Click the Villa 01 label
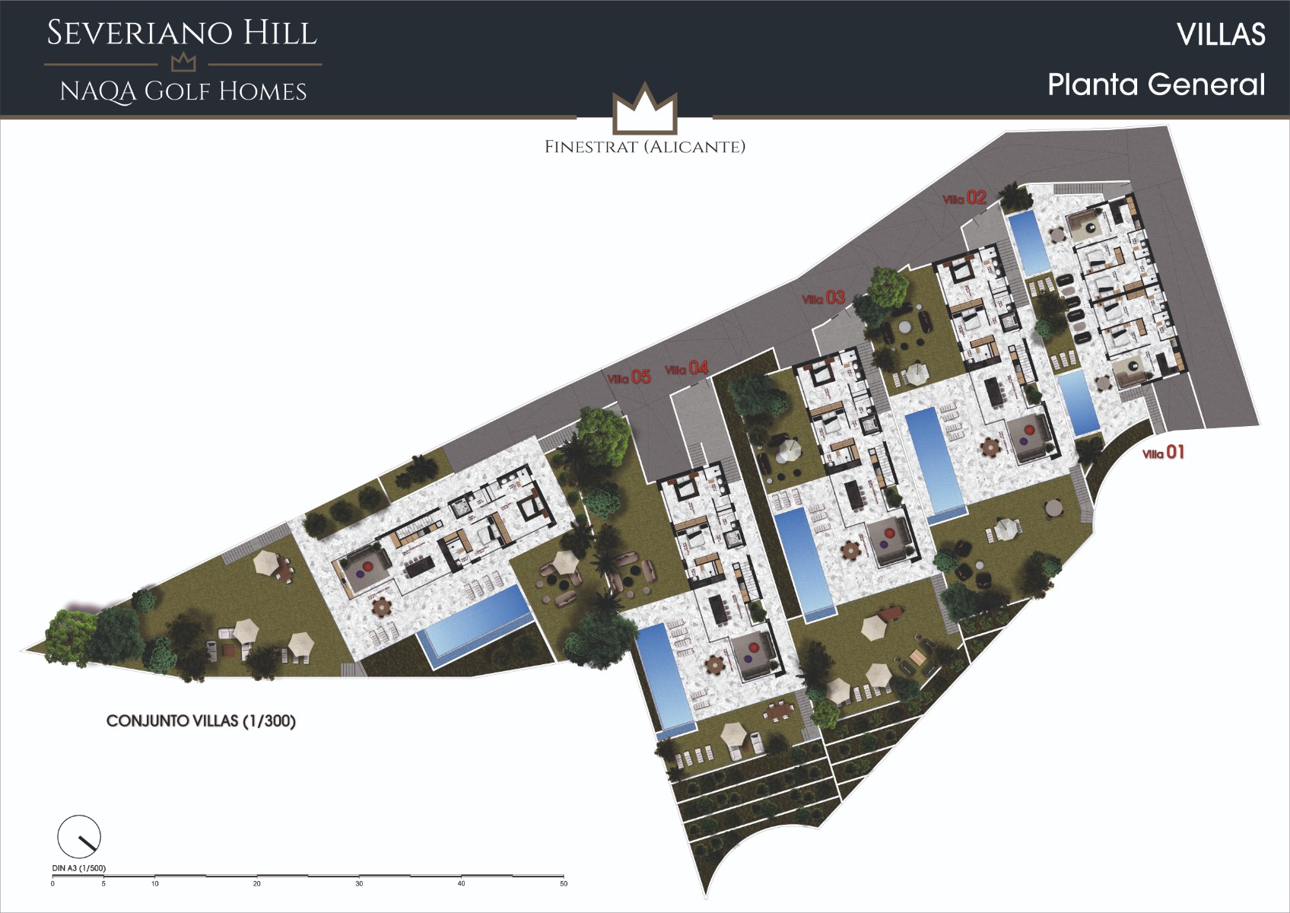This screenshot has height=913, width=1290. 1164,453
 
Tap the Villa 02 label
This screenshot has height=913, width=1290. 964,199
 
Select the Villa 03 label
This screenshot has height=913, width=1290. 824,298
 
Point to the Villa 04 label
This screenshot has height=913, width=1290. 687,369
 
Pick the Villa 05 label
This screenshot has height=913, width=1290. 629,377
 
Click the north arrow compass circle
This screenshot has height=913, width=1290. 79,836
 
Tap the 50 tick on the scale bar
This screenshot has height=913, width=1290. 564,883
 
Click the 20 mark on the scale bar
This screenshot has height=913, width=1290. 257,883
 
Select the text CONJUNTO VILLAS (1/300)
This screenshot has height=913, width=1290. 201,721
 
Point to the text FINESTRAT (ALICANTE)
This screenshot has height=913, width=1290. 645,147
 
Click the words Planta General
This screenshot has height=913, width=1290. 1156,84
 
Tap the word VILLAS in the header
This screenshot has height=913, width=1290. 1221,34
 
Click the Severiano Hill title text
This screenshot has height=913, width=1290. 182,33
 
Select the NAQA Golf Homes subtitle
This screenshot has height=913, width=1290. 183,92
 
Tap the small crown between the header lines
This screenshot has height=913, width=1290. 183,63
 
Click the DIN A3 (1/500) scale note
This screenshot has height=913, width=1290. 79,868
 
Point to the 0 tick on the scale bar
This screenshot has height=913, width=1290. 52,883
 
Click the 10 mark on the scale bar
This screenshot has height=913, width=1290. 155,883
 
